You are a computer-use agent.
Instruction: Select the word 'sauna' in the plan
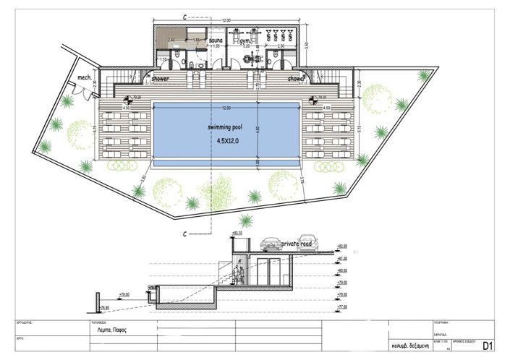(216, 42)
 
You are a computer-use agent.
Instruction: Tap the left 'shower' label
(161, 77)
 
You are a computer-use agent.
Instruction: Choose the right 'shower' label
(296, 77)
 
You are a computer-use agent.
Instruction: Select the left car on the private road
(273, 244)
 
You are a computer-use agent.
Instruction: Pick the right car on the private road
(307, 237)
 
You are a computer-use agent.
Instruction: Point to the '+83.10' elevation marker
(237, 233)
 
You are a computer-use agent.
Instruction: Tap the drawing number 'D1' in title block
(488, 346)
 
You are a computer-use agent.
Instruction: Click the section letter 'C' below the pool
(185, 233)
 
